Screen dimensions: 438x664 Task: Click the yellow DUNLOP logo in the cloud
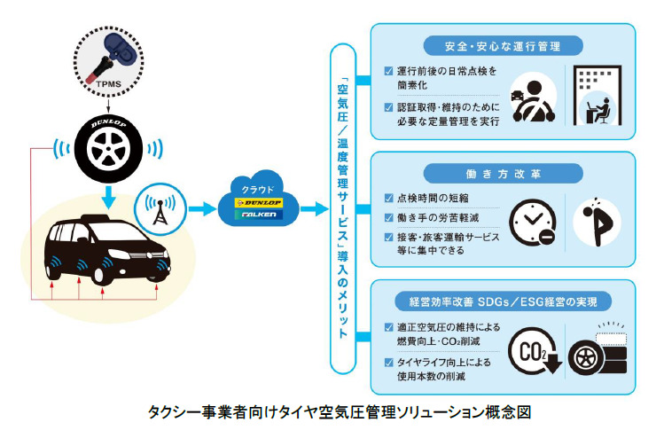coord(259,203)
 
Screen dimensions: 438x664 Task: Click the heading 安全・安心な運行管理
coord(502,45)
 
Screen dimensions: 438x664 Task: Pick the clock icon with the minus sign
coord(533,223)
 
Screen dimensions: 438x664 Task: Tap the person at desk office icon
coord(598,98)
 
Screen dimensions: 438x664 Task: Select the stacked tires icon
coord(596,348)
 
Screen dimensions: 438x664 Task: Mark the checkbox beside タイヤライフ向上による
coord(389,362)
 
